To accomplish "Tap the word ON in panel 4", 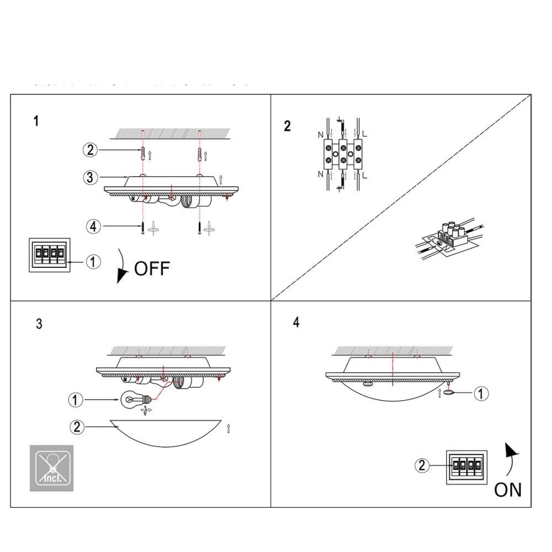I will coord(508,490).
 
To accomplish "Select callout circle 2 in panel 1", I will coord(91,150).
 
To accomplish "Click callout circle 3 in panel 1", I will coord(91,177).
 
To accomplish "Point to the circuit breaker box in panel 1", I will coord(49,254).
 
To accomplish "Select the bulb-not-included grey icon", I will coord(51,468).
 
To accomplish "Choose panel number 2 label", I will coord(287,126).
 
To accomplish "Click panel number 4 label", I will coord(296,323).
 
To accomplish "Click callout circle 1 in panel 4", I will coord(482,394).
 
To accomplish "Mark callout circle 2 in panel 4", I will coord(422,465).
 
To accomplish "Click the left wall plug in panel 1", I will coord(144,153).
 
